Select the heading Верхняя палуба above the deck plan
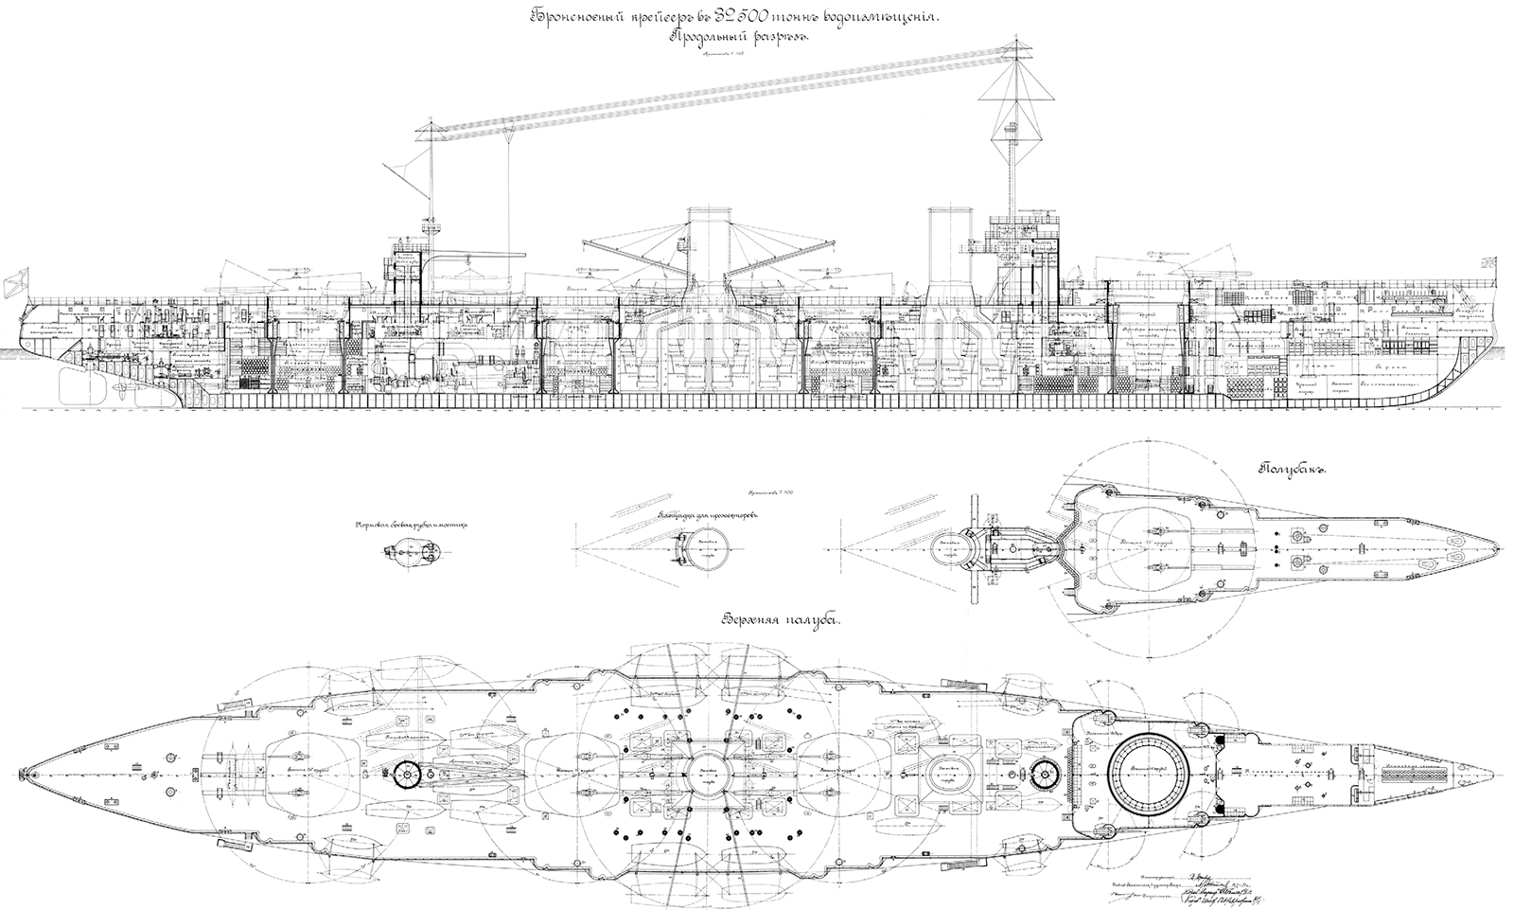coord(782,620)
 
